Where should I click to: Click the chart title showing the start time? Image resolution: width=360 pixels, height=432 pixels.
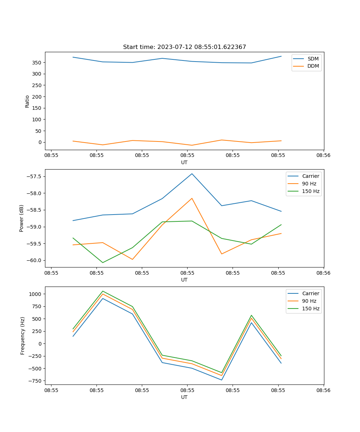tap(184, 47)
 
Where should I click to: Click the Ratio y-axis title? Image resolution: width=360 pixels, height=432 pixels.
tap(27, 101)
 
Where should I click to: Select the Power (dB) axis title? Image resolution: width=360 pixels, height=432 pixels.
tap(22, 218)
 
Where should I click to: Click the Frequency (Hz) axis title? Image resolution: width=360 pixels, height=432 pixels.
tap(23, 336)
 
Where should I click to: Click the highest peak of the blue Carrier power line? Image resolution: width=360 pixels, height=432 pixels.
tap(192, 174)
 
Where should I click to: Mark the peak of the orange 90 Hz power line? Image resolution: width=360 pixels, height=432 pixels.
tap(192, 198)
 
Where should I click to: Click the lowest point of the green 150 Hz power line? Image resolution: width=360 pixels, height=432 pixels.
tap(103, 262)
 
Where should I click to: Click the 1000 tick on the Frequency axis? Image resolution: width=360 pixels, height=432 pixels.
tap(36, 294)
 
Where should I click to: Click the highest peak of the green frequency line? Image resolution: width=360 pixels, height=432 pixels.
tap(103, 291)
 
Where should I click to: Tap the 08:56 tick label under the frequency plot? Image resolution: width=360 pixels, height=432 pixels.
tap(323, 390)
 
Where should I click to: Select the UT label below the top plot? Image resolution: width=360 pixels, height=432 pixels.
tap(184, 162)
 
